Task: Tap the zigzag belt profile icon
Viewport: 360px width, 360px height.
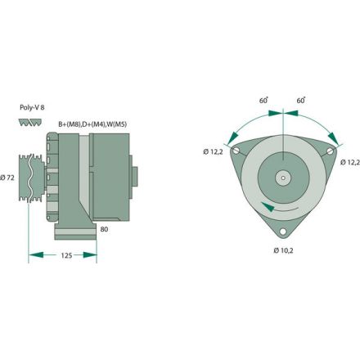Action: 30,122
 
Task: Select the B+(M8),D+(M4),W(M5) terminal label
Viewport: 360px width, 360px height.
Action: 92,124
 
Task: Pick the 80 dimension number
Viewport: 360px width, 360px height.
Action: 104,229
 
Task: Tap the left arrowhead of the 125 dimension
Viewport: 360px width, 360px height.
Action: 33,255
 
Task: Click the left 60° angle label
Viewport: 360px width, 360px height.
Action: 263,99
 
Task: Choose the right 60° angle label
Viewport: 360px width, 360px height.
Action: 300,99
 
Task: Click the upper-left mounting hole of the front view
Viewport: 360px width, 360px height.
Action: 236,152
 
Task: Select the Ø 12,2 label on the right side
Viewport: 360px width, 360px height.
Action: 349,161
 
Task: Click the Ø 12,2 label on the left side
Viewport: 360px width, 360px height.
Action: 214,151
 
